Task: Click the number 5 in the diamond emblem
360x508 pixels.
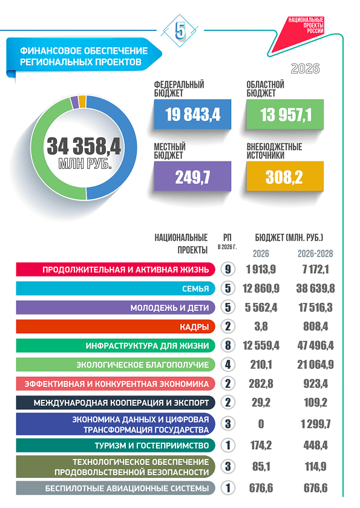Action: (x=180, y=31)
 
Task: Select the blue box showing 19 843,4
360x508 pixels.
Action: (x=192, y=114)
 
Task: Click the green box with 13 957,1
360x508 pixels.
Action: (x=285, y=114)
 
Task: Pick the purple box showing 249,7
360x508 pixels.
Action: (x=192, y=176)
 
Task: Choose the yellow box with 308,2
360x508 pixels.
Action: (x=285, y=176)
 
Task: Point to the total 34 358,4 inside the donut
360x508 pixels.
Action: (x=84, y=146)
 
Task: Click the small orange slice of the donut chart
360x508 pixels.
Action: (x=82, y=101)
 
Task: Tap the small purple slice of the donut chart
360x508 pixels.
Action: (x=74, y=102)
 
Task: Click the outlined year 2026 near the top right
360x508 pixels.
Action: (x=305, y=69)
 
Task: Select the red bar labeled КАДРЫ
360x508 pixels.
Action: (x=116, y=326)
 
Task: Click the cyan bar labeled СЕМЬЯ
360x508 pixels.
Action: (x=116, y=288)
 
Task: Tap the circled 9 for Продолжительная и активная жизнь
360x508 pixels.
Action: (x=227, y=269)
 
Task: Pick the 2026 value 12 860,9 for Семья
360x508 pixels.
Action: (x=261, y=288)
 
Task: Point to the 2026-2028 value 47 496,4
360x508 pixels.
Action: (x=316, y=345)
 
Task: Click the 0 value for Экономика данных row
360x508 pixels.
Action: (x=261, y=424)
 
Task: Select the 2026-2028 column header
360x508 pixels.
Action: (x=315, y=253)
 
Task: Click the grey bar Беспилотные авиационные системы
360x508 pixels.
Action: (x=116, y=488)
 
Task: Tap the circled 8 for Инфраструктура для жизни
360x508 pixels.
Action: (x=227, y=345)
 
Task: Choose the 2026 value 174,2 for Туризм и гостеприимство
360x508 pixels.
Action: (x=261, y=445)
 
